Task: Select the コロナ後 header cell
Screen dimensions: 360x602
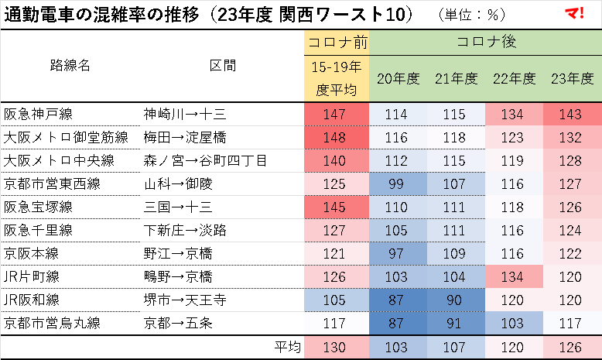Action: [x=486, y=42]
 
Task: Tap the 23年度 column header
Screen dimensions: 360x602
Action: [x=572, y=79]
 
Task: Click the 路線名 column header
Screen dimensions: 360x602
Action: [x=70, y=65]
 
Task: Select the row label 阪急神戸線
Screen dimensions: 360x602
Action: [x=38, y=115]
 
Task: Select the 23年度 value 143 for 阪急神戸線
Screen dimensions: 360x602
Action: [x=572, y=115]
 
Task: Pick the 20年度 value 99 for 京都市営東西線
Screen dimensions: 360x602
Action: [x=397, y=184]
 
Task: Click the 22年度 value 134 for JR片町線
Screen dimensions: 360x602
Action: [x=514, y=277]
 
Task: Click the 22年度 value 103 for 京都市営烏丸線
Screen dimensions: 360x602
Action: [x=514, y=324]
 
